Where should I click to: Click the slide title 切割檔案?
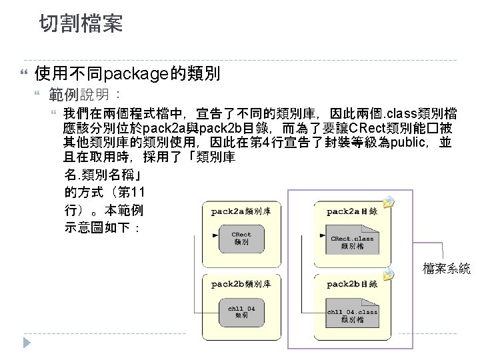coord(80,25)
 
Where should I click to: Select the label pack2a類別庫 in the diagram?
coord(241,211)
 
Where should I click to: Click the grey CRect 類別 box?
coord(241,238)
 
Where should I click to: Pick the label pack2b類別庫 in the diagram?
coord(241,283)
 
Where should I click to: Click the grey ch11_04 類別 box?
coord(241,312)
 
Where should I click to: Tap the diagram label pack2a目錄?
coord(351,211)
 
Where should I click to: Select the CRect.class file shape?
coord(352,241)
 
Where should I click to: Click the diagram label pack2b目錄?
coord(351,283)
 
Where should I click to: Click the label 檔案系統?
coord(446,269)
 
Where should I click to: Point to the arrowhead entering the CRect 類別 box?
coord(214,235)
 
